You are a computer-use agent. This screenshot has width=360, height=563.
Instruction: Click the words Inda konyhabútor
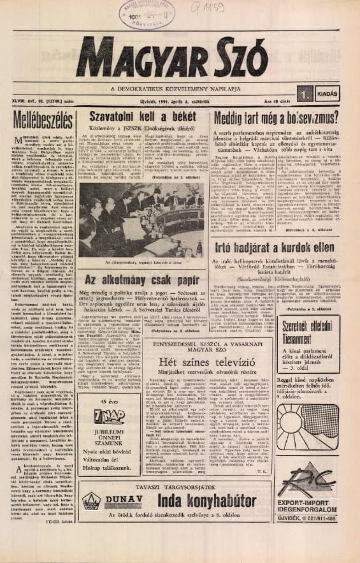point(206,498)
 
